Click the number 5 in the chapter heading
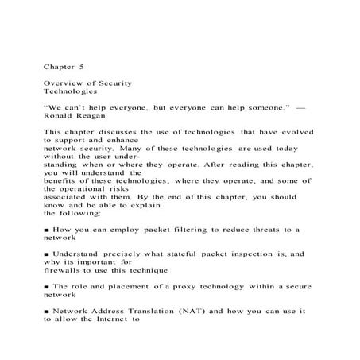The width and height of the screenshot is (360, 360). tap(81, 67)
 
